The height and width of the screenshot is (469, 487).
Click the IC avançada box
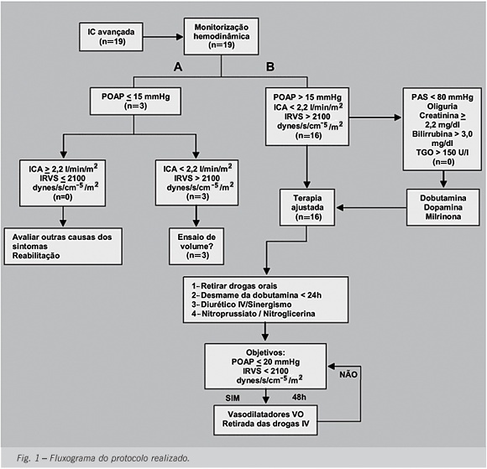(111, 37)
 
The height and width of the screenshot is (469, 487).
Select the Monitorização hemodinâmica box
(221, 36)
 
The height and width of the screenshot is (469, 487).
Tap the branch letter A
(178, 67)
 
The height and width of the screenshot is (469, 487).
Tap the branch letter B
(270, 67)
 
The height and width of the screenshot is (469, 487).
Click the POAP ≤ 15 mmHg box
(135, 102)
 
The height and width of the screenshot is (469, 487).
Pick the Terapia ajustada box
(307, 207)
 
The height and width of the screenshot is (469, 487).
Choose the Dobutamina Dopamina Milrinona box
(442, 207)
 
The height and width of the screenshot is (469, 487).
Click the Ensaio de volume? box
(196, 246)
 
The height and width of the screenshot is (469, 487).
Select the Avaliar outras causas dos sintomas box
(63, 246)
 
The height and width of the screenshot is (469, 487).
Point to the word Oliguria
(442, 107)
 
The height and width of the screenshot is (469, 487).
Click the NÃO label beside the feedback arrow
(348, 375)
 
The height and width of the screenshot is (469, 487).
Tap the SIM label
(233, 398)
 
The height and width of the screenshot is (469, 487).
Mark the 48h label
(299, 398)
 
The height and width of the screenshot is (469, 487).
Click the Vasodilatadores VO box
(265, 419)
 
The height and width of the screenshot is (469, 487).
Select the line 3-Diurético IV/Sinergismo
(241, 305)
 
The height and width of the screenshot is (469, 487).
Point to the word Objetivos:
(265, 352)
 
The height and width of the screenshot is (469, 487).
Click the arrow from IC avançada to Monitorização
(164, 37)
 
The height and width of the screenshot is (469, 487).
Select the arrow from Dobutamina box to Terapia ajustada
(371, 207)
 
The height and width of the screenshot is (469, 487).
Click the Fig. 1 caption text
(103, 458)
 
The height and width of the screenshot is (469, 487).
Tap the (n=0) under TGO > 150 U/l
(443, 162)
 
